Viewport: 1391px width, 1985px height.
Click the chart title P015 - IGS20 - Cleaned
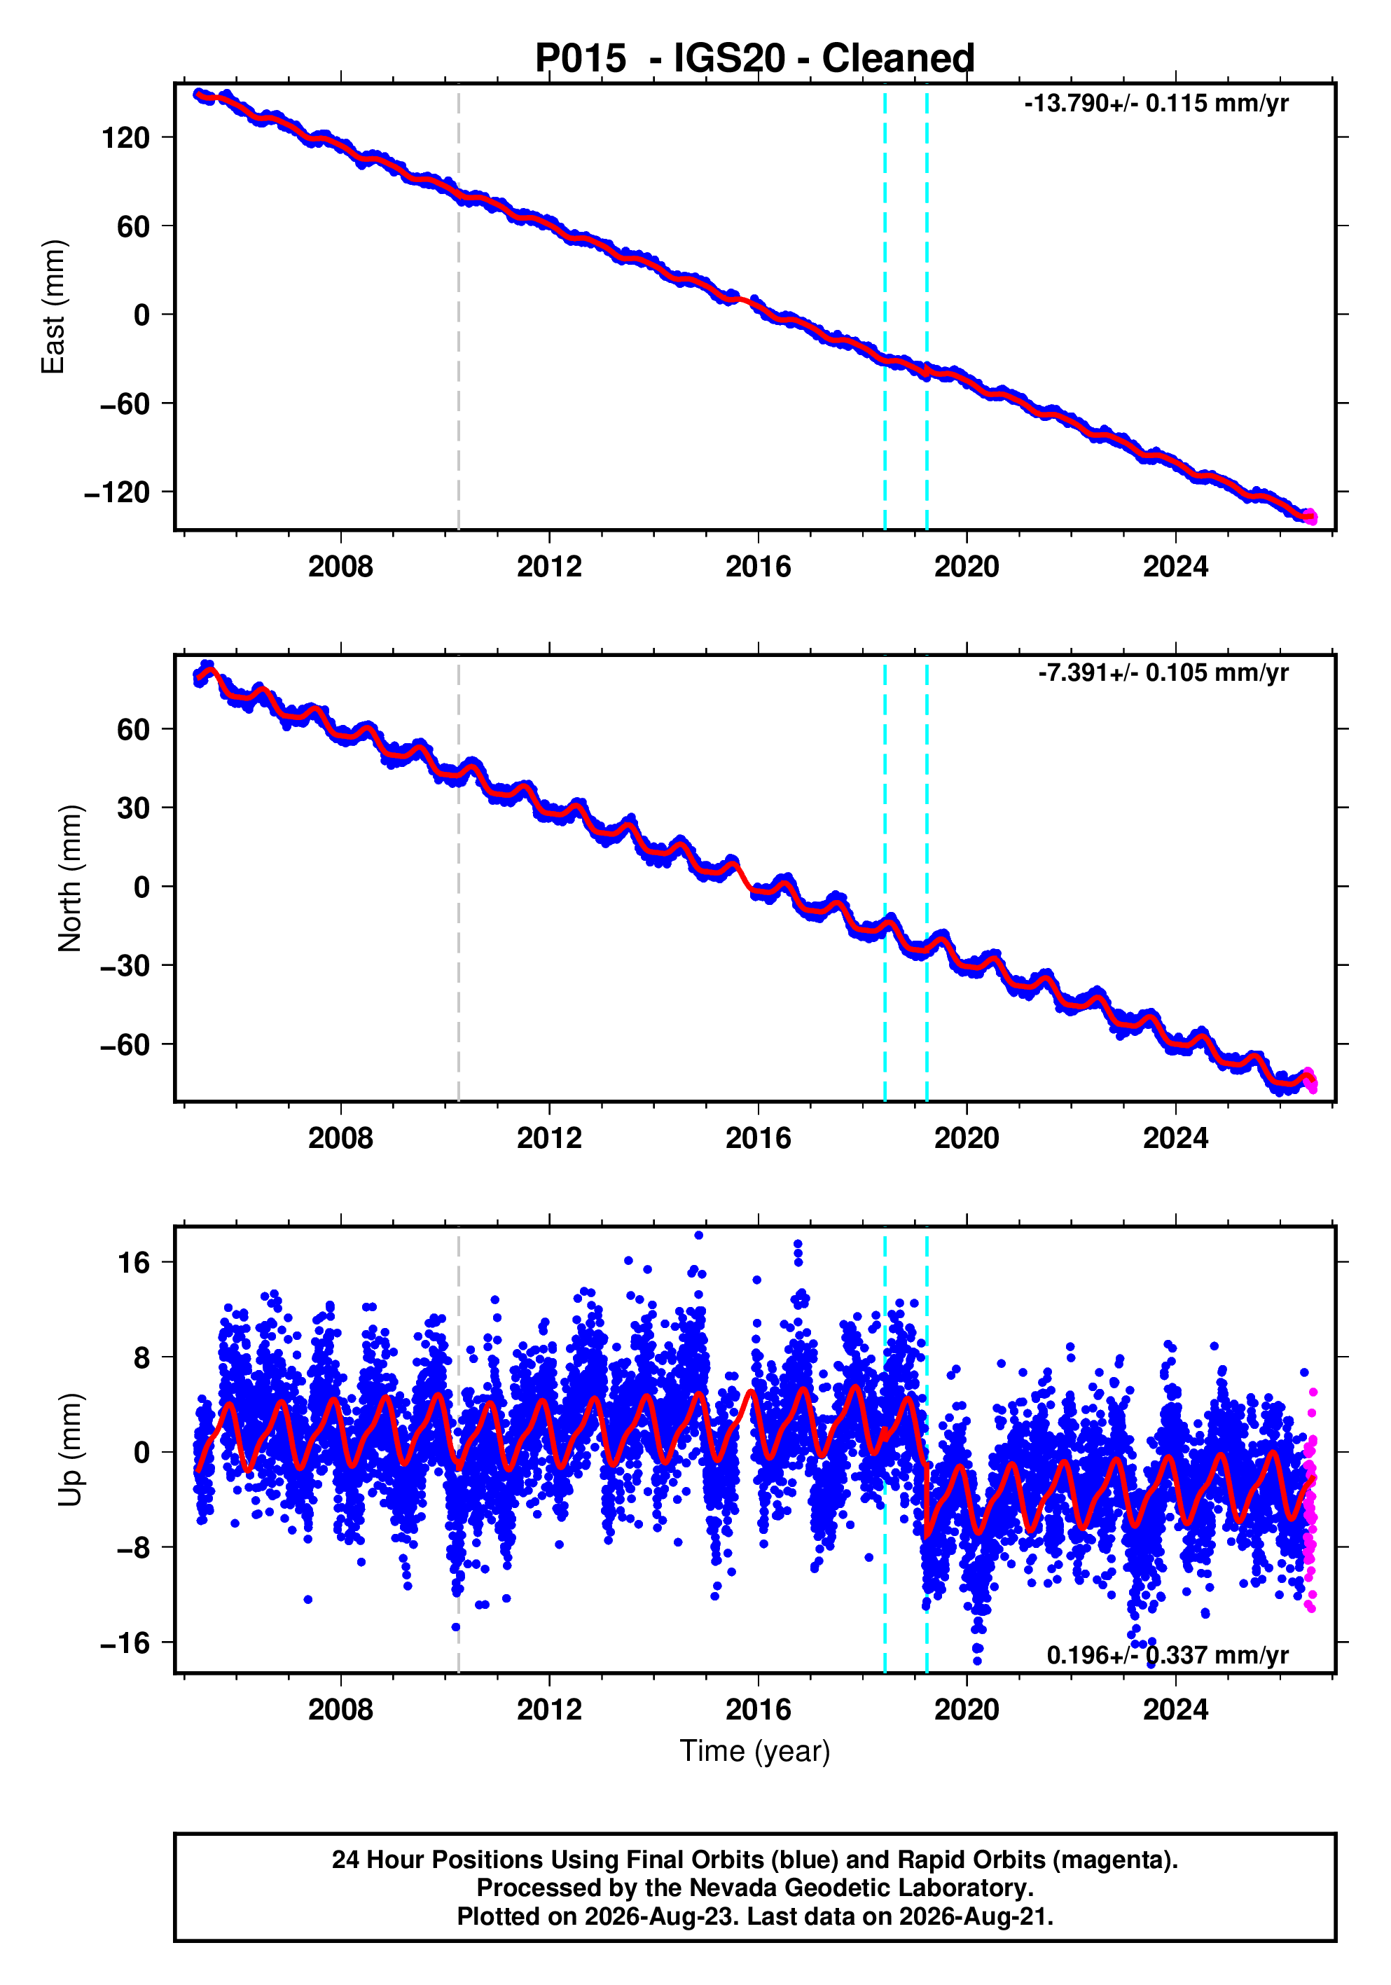coord(755,59)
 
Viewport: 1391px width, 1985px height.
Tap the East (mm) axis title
coord(54,307)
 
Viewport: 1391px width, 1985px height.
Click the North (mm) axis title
coord(70,878)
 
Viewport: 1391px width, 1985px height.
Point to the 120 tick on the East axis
coord(125,137)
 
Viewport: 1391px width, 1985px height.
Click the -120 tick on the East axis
coord(117,493)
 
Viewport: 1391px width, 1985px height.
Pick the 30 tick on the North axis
coord(133,808)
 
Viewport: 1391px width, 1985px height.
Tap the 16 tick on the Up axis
coord(134,1263)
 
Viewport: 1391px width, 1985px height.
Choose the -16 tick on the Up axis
coord(125,1642)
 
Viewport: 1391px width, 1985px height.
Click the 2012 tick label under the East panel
coord(549,567)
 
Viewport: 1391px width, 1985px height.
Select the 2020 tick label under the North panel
coord(967,1139)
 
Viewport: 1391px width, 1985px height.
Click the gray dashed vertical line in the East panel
coord(458,307)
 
